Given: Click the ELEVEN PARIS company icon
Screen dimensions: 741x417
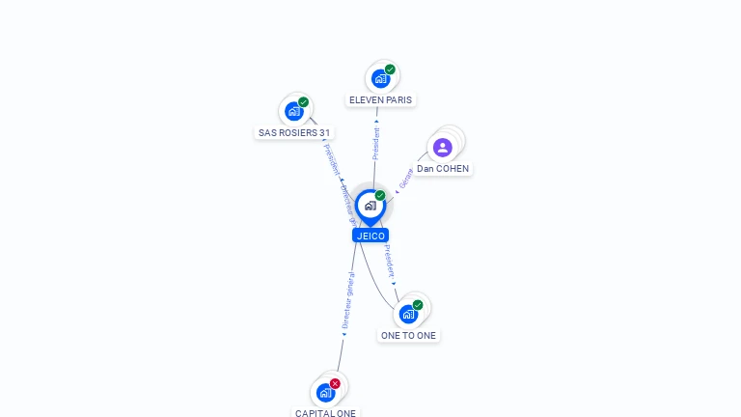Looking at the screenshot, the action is (380, 78).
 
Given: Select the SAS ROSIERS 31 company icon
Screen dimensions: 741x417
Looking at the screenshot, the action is (293, 111).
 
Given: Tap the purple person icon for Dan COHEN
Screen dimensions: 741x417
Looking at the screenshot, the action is (442, 147).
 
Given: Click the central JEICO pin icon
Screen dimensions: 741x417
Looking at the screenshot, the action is (370, 206).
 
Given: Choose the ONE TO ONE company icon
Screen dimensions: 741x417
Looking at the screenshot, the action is (408, 314).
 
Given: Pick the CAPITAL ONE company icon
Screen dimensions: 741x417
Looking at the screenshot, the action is (325, 392).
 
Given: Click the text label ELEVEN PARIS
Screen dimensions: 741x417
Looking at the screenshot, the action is (380, 100).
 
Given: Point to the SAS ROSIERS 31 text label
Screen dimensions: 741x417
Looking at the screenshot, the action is (294, 133).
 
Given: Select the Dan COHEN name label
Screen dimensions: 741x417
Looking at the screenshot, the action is (443, 169).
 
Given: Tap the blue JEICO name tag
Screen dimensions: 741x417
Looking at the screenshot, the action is (370, 236).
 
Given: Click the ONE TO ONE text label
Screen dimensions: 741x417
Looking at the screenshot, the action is (408, 336).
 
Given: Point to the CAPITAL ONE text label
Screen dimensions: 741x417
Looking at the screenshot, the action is (325, 413).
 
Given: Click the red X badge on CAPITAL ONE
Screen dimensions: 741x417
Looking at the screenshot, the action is (335, 383).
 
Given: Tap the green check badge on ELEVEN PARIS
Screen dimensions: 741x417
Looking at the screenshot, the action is (390, 69).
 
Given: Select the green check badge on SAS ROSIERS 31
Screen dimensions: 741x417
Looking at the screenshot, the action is (303, 102).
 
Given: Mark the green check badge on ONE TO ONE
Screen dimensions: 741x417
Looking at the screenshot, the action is (418, 305).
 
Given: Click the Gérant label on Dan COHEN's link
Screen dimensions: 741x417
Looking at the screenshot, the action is (406, 180).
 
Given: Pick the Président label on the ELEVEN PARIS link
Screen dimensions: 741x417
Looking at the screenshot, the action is (376, 143).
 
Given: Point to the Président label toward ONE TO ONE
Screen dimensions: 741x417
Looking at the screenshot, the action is (388, 261).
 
